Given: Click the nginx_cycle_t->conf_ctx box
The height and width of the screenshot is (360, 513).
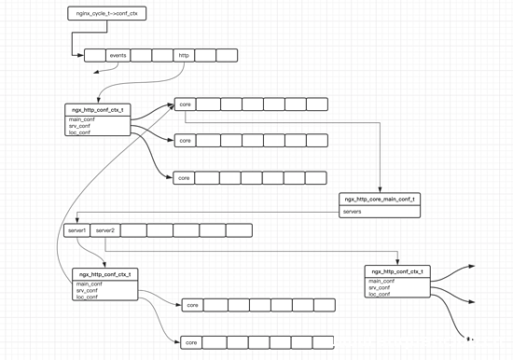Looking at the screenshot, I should click(x=107, y=14).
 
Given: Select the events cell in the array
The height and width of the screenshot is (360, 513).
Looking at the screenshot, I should click(x=118, y=56).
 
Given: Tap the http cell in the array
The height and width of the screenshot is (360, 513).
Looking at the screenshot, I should click(x=185, y=56).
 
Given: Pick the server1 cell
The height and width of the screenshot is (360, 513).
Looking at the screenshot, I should click(x=76, y=229).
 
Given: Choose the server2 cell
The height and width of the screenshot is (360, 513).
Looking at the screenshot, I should click(x=104, y=229).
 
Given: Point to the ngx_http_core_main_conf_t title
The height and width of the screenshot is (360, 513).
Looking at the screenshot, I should click(x=380, y=200).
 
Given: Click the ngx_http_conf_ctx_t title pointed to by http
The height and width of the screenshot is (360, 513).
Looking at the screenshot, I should click(x=97, y=110).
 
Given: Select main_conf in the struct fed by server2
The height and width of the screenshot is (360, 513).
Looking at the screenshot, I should click(x=381, y=281).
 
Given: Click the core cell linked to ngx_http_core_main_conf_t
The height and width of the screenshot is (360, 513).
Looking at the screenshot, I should click(x=185, y=104).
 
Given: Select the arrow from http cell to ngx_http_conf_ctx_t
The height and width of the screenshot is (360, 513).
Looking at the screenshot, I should click(x=159, y=84).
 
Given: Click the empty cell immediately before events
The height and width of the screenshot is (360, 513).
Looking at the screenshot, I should click(x=94, y=56).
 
